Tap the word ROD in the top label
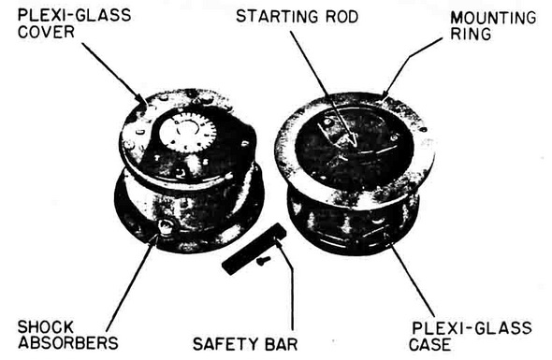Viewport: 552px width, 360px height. [341, 17]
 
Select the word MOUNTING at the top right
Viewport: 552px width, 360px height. [493, 18]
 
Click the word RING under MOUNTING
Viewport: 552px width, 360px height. [471, 34]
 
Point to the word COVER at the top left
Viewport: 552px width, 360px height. [46, 31]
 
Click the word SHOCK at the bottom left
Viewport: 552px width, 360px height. [46, 327]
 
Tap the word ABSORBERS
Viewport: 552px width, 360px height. [68, 342]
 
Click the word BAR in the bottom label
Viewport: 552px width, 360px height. [281, 344]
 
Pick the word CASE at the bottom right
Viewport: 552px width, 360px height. [429, 344]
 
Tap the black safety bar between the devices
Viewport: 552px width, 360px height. [254, 249]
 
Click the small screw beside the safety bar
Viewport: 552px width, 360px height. [263, 261]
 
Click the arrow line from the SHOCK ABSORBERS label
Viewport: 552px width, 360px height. [131, 283]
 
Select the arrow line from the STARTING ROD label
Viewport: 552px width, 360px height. [323, 89]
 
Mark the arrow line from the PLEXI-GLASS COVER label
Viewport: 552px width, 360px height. [115, 74]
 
